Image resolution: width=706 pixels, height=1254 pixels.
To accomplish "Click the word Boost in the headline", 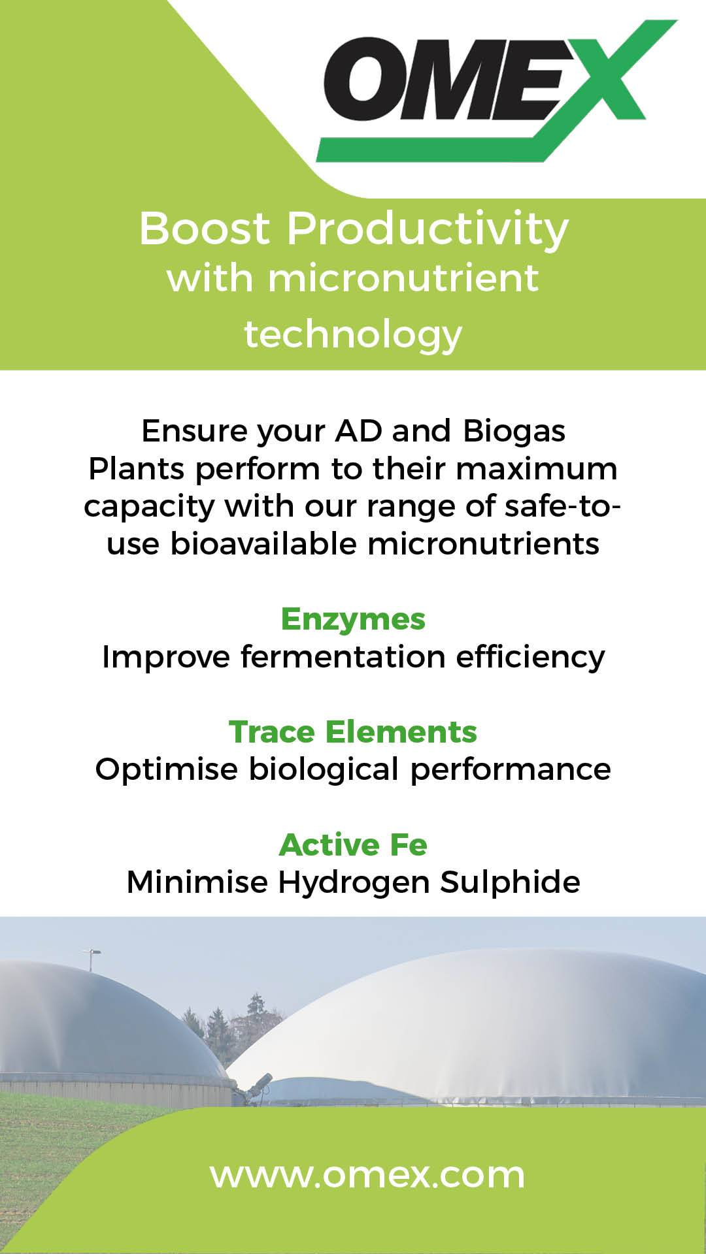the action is pos(205,229).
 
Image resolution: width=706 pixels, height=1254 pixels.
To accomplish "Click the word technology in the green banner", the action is pos(353,334).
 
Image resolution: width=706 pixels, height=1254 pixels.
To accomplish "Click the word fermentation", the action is pos(343,656).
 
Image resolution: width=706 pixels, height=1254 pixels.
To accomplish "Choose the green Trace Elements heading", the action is pos(353,732).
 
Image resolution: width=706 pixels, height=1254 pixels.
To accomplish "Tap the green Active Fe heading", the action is pos(353,845).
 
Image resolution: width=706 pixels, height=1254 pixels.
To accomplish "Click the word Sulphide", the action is pos(510,883).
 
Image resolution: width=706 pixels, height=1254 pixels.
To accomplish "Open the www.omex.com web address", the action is pos(367,1176).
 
